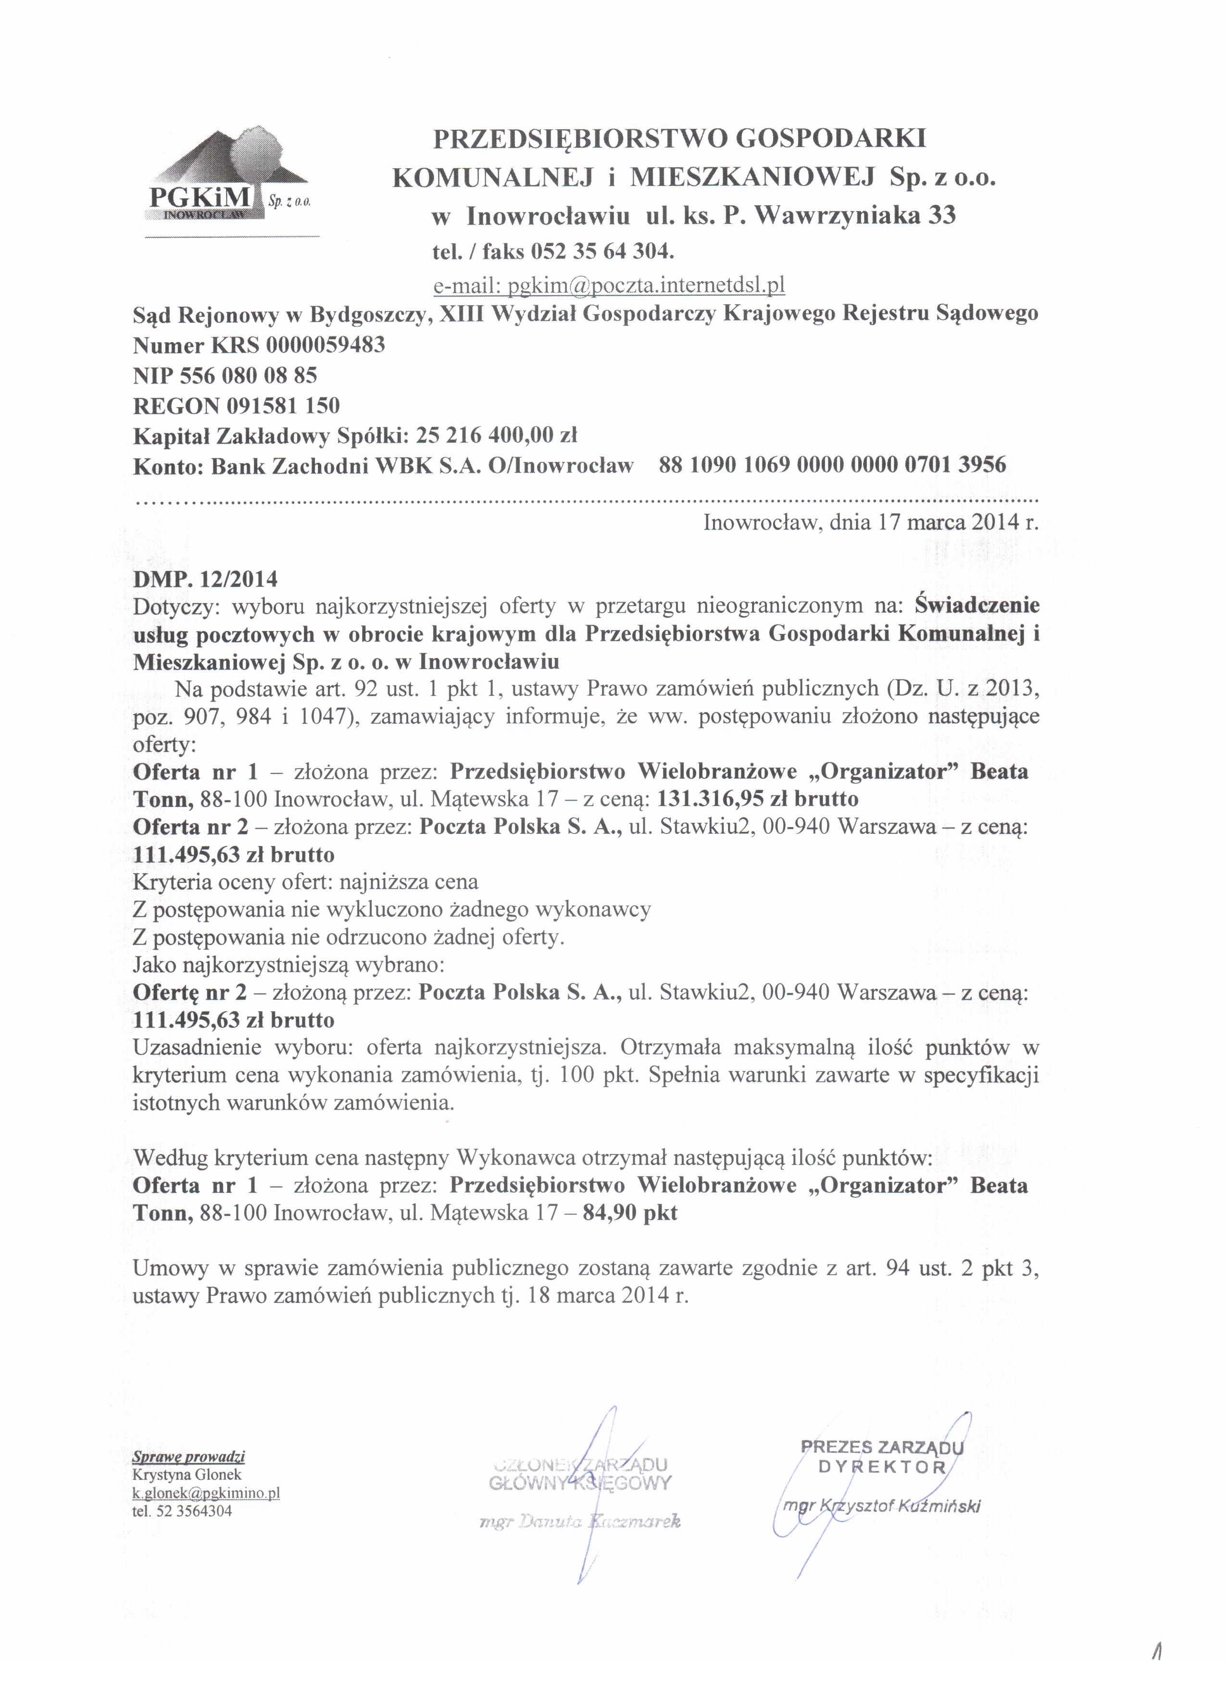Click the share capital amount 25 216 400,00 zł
(x=497, y=435)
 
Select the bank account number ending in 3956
(x=832, y=466)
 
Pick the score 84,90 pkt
(x=630, y=1213)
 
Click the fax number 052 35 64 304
(x=602, y=251)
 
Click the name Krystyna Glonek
(x=187, y=1474)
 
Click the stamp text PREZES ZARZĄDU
(x=882, y=1448)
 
